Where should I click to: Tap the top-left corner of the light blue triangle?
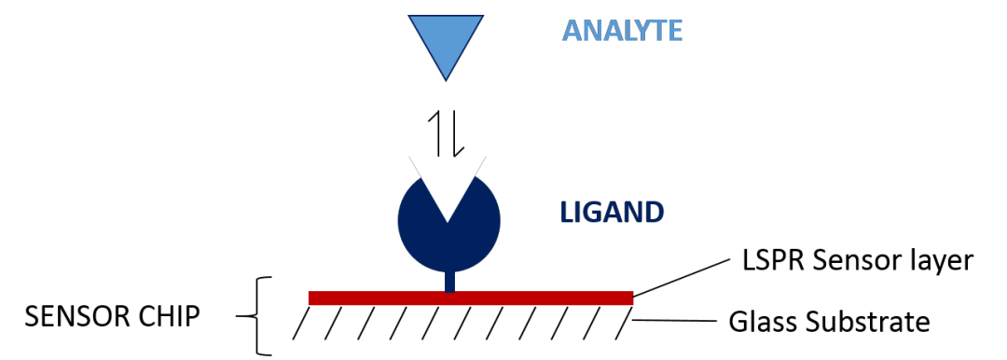(x=410, y=16)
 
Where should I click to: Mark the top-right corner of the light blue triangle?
(x=482, y=16)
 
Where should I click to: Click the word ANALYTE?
(x=622, y=31)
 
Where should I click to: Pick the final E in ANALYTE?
(x=674, y=31)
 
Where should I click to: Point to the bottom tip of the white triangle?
(x=448, y=221)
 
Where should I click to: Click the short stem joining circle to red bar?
(x=449, y=279)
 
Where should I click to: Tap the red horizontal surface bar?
(x=471, y=298)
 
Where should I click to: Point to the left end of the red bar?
(x=310, y=298)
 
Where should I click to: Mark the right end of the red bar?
(x=631, y=298)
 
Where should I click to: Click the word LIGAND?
(x=612, y=213)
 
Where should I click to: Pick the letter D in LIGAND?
(x=655, y=213)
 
